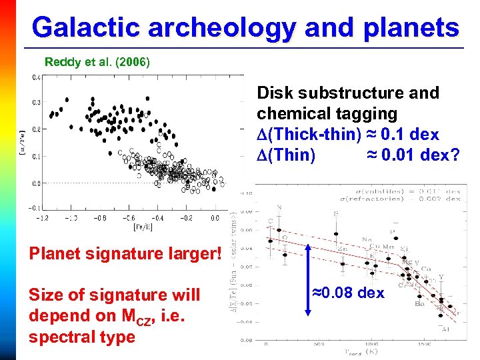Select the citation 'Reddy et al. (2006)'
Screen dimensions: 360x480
97,62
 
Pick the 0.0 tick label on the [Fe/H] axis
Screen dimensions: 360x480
215,217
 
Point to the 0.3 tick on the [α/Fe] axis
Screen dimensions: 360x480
35,103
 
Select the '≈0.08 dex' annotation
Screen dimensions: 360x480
349,293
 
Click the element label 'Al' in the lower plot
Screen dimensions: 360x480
445,329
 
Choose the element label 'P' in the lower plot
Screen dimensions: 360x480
393,233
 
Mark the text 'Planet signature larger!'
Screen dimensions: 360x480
123,254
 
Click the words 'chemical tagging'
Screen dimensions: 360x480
327,114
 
